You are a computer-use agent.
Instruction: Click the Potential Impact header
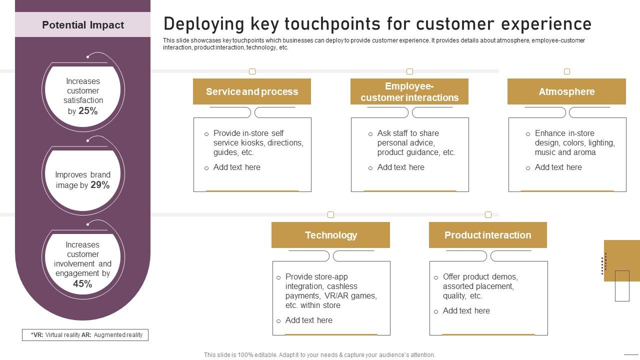(x=83, y=25)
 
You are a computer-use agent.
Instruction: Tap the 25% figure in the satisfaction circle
(x=88, y=111)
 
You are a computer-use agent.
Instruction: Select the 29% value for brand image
(x=100, y=185)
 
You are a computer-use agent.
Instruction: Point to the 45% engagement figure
(x=82, y=284)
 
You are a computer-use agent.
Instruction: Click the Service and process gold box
(x=252, y=91)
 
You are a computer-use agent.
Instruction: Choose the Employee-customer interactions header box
(x=409, y=91)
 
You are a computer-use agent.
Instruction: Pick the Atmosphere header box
(x=566, y=91)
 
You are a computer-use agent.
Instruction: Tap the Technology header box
(x=330, y=235)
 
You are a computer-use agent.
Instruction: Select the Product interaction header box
(x=487, y=235)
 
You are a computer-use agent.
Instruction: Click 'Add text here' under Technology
(x=308, y=320)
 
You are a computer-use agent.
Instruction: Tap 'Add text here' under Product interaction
(x=466, y=310)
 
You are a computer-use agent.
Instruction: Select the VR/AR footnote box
(x=85, y=335)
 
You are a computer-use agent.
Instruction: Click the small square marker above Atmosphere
(x=567, y=71)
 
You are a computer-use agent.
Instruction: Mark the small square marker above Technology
(x=330, y=215)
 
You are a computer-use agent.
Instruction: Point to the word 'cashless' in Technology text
(x=342, y=286)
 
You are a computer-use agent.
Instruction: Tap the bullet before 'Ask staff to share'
(x=370, y=134)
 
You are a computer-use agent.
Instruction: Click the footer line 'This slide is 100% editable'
(x=319, y=355)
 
